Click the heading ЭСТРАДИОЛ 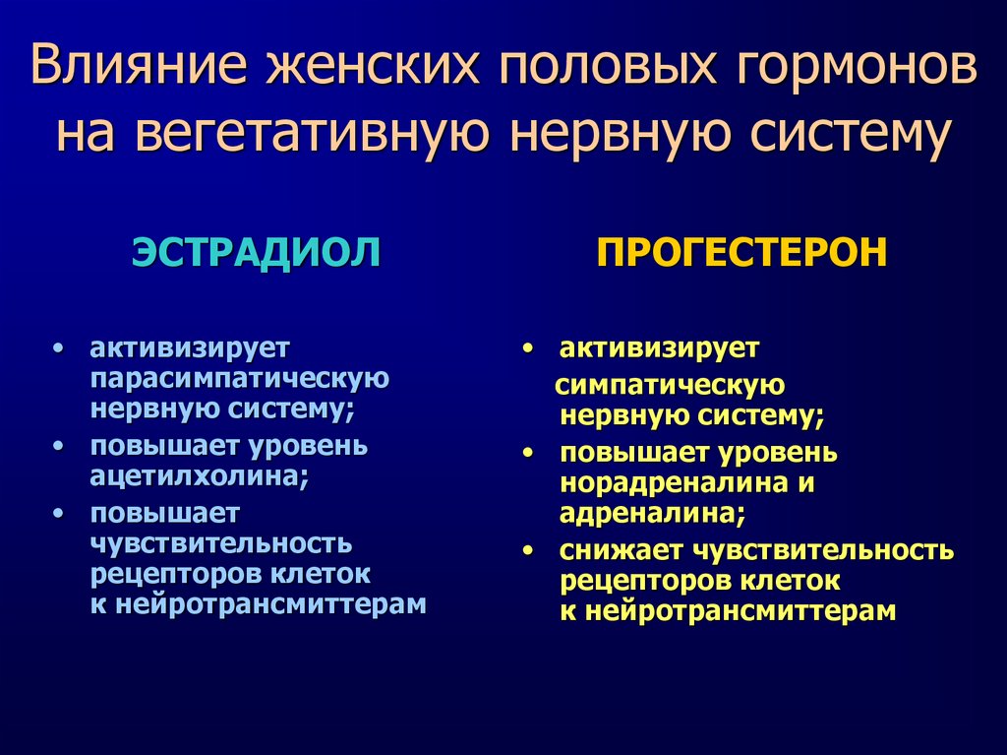[x=256, y=252]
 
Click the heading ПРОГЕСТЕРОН [x=741, y=252]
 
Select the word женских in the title [x=374, y=65]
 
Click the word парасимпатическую [x=240, y=378]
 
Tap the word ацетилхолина [x=199, y=476]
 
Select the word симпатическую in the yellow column [x=670, y=386]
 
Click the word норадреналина [x=675, y=483]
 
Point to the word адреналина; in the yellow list [x=653, y=513]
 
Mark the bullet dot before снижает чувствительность [x=528, y=551]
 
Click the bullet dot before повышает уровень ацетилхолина [x=59, y=446]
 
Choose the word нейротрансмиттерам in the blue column [x=270, y=604]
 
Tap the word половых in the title [x=608, y=65]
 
